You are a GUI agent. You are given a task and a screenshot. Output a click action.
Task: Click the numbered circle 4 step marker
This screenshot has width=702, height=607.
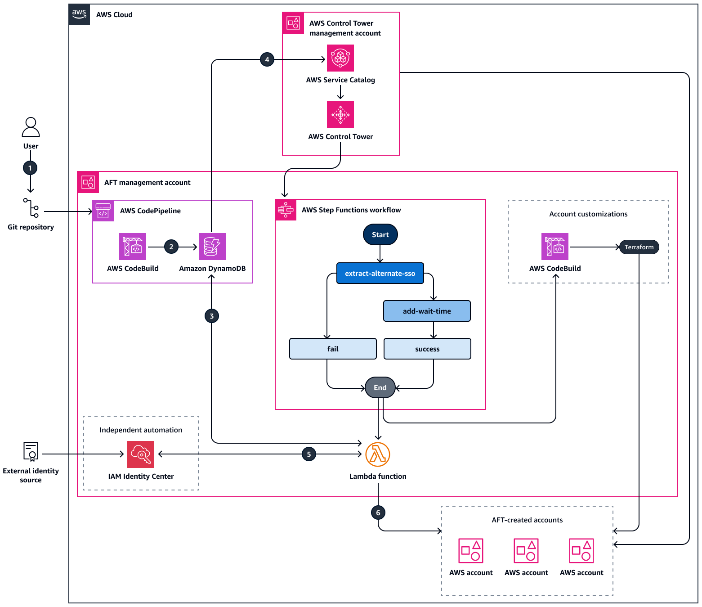point(267,59)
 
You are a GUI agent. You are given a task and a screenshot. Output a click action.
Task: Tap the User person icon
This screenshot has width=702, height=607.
point(31,127)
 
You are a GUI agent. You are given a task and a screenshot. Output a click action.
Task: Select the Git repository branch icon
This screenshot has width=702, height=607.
point(31,207)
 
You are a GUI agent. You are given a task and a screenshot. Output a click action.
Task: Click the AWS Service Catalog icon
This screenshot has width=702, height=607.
point(340,58)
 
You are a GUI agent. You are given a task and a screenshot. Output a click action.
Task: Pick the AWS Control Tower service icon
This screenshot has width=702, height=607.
point(340,115)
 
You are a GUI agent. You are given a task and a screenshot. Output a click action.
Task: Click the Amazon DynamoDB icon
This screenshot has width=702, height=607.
point(212,247)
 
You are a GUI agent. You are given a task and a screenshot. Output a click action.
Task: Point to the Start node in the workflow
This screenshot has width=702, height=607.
point(380,235)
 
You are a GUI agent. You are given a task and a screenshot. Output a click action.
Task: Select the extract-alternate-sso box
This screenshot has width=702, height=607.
point(380,273)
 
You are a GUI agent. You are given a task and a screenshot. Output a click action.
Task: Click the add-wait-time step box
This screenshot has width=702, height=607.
point(427,311)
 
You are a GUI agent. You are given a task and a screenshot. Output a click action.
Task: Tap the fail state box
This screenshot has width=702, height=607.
point(333,349)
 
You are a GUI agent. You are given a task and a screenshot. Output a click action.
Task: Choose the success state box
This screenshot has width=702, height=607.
point(427,349)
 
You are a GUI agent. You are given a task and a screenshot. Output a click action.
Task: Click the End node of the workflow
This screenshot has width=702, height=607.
point(380,387)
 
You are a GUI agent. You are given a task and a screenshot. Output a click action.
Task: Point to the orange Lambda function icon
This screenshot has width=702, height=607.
point(378,454)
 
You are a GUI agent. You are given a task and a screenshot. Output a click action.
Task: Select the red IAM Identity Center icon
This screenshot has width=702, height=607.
point(141,454)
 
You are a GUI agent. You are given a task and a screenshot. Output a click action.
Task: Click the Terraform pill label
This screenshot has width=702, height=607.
point(639,247)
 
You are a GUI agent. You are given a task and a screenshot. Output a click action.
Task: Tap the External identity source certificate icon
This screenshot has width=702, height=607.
point(31,451)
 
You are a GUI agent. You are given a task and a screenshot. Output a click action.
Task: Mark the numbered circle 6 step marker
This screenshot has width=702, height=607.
point(378,513)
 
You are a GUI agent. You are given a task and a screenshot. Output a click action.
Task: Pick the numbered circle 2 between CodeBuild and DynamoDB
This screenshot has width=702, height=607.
point(171,247)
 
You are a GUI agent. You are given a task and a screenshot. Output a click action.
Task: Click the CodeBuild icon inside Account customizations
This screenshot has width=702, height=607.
point(555,247)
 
